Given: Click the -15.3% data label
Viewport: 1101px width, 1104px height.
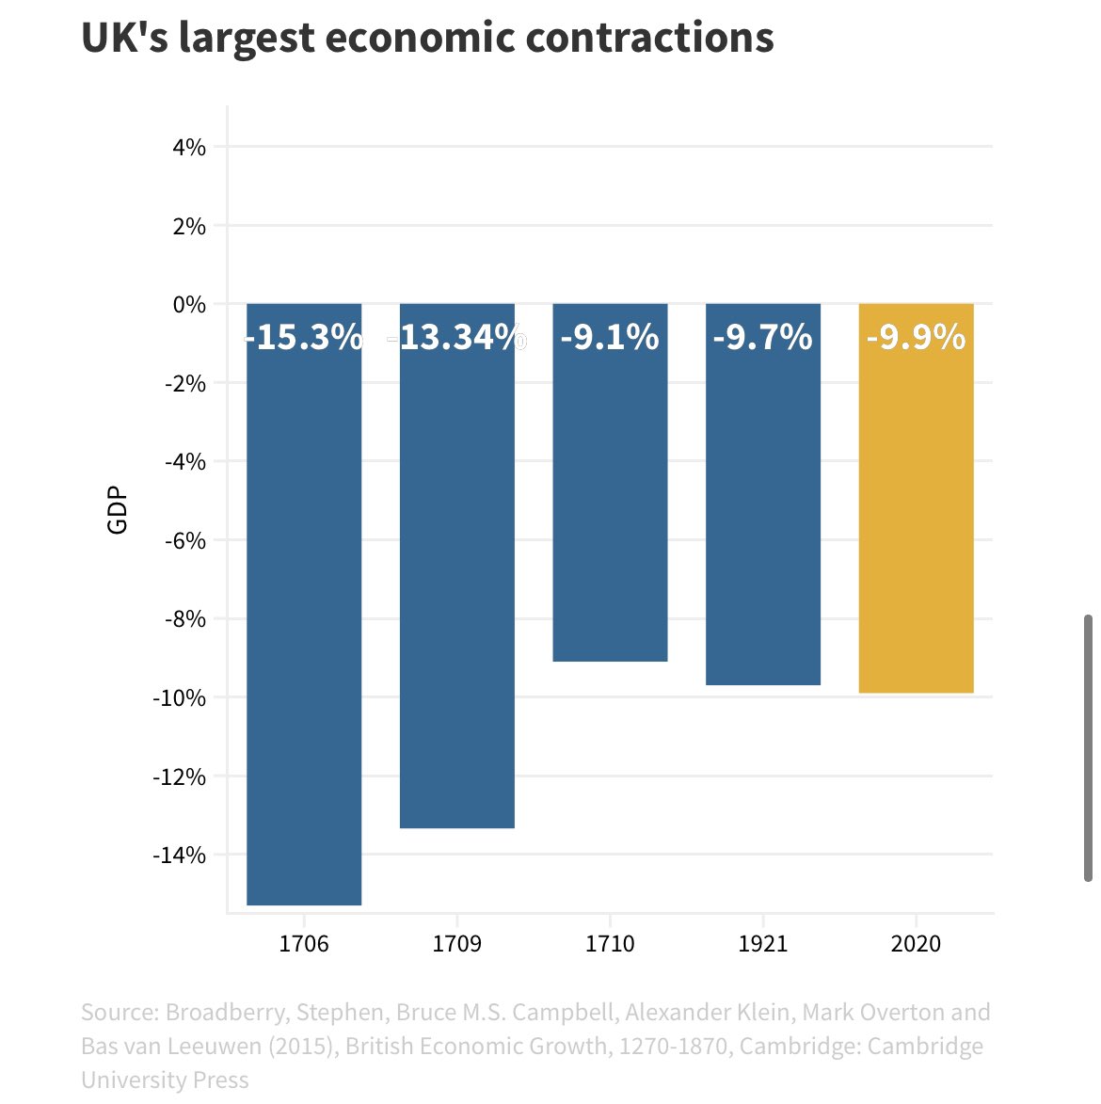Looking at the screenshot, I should [304, 337].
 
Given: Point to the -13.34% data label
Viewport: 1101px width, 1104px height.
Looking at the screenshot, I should [458, 337].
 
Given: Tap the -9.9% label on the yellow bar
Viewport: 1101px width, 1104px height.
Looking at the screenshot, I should [916, 337].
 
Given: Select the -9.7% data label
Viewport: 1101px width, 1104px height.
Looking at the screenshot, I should [763, 337].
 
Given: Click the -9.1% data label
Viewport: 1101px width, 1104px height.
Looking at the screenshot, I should [610, 337].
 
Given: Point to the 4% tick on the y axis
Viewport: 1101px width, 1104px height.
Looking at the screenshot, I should [188, 147].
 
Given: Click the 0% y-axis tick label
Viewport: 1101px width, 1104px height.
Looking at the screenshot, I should [188, 304].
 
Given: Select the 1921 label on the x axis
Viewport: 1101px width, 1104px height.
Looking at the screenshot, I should [763, 943].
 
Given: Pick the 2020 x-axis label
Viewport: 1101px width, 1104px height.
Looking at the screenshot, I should [916, 943].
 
